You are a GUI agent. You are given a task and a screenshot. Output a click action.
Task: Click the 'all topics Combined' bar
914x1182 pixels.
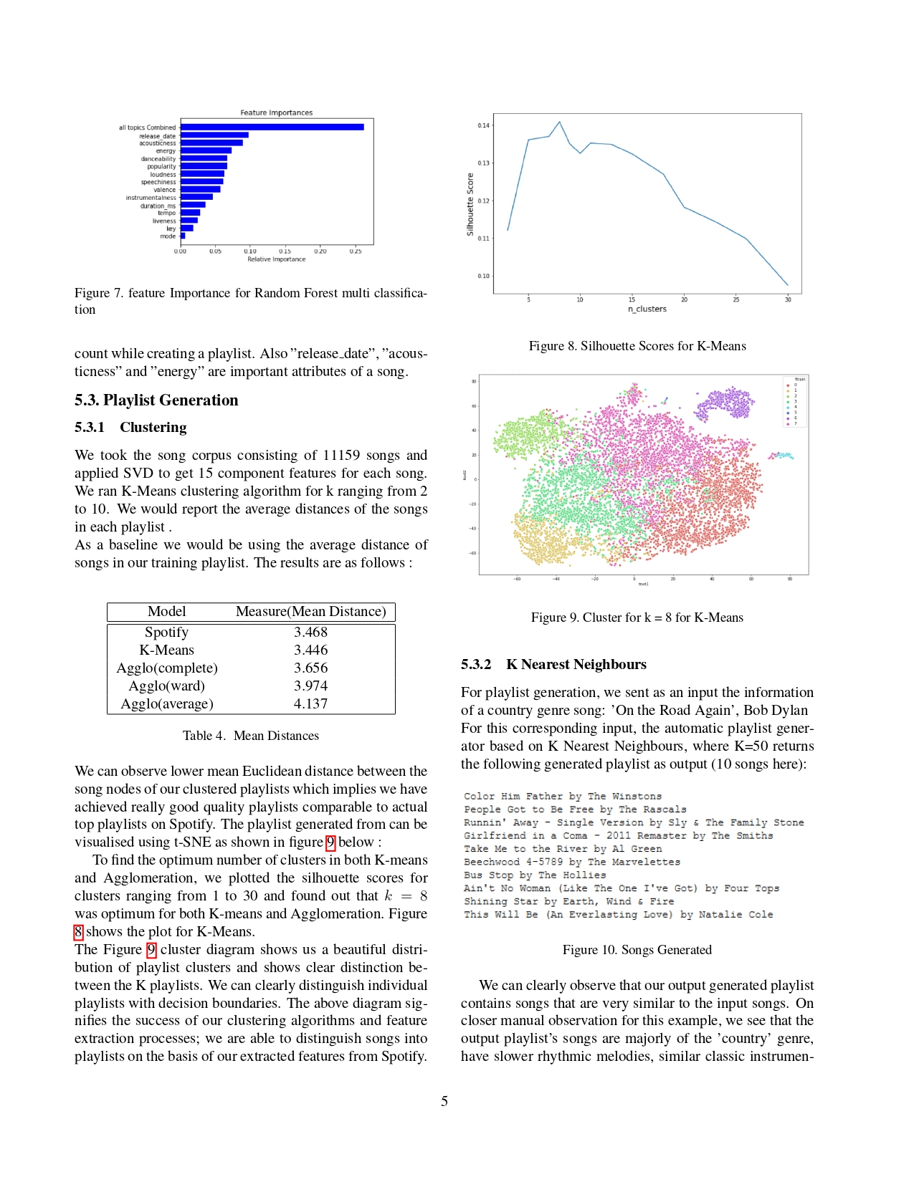coord(272,128)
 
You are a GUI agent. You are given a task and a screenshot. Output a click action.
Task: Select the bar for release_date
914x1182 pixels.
coord(214,135)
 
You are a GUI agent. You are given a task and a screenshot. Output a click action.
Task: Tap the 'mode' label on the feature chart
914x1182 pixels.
coord(168,236)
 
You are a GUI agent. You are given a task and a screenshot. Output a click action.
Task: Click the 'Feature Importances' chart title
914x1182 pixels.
coord(276,112)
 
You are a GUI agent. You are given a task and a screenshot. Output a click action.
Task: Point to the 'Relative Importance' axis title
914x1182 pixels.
coord(276,259)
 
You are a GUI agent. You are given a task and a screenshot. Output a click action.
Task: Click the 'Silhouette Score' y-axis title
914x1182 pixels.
coord(470,204)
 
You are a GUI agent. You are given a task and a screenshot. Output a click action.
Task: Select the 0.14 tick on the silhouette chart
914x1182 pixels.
coord(484,125)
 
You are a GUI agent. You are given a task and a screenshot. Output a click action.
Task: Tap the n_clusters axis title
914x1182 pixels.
coord(647,309)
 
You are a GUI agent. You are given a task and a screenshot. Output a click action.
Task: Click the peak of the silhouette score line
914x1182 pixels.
coord(559,122)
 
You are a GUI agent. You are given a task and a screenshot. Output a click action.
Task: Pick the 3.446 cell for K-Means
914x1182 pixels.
coord(310,650)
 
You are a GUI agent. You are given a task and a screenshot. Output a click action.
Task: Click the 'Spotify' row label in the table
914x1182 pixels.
coord(166,633)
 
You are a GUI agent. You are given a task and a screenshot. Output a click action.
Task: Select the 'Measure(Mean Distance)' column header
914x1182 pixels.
coord(310,612)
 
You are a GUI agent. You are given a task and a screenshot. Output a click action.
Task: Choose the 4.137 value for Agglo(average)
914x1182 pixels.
coord(310,704)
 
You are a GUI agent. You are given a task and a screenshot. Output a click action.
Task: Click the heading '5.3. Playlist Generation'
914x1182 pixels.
coord(156,400)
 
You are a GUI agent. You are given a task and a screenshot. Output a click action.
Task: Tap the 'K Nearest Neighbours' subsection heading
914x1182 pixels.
coord(576,665)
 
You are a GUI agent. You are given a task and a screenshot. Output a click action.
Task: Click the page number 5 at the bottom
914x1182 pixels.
coord(444,1101)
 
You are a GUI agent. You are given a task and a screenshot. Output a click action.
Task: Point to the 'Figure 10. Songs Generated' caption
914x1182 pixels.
coord(637,950)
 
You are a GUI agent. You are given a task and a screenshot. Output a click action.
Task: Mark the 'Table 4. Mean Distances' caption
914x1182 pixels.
coord(250,736)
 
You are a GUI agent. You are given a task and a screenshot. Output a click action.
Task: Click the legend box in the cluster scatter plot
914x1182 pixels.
coord(795,401)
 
